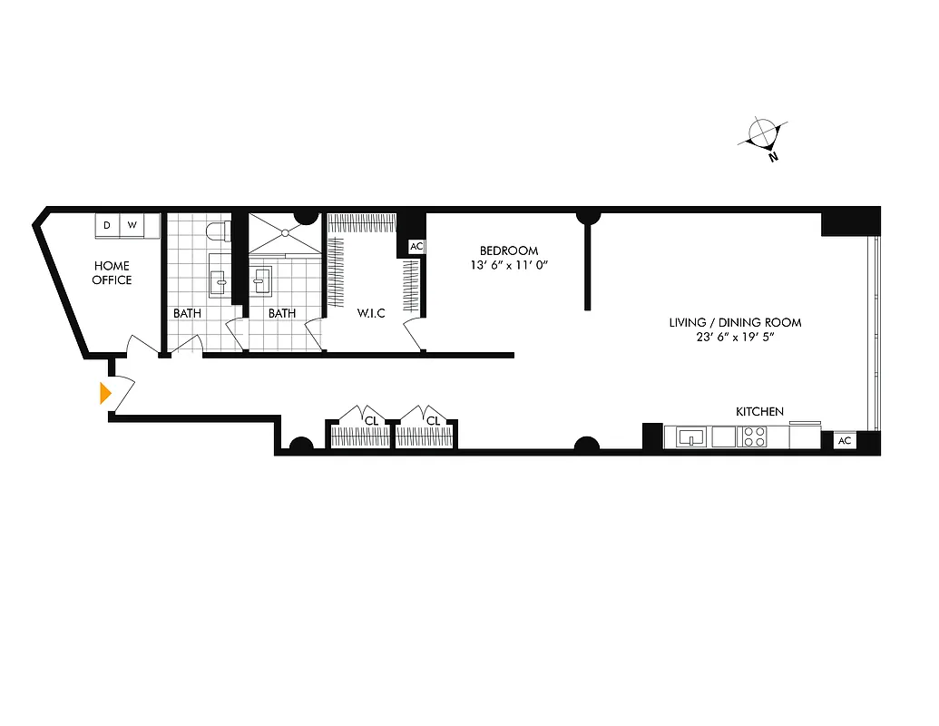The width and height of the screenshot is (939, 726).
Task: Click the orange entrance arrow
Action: (x=105, y=393)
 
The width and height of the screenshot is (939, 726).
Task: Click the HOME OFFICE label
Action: (x=112, y=272)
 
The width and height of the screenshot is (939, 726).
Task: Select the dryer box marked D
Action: (x=107, y=225)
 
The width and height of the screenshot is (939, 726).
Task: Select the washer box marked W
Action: (x=132, y=225)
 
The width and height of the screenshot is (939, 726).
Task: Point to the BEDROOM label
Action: (x=509, y=250)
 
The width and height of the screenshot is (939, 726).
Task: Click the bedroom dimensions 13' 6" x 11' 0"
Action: (x=509, y=265)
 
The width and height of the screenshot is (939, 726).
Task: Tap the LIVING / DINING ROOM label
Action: (x=735, y=322)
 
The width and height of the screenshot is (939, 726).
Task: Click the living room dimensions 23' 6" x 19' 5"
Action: (x=735, y=338)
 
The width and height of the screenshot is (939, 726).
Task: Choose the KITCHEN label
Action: (x=759, y=412)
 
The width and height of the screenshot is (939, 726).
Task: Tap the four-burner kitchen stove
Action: (x=754, y=437)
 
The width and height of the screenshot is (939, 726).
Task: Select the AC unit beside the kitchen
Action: (x=844, y=440)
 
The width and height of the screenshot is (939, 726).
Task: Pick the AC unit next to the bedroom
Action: (x=416, y=247)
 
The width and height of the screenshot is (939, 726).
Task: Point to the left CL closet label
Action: (x=371, y=420)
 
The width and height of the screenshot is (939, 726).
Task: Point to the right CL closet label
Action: (x=433, y=420)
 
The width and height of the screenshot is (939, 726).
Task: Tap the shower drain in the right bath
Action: (x=284, y=233)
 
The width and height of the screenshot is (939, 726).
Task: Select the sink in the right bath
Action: (x=260, y=282)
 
